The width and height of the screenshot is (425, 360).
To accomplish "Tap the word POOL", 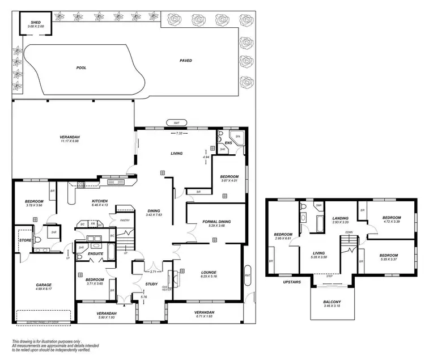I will pos(81,67).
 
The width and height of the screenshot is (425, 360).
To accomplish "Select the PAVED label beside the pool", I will pos(185,61).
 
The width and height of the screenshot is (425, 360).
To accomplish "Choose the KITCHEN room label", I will pos(100,201).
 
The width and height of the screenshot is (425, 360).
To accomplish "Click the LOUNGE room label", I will pos(209,272).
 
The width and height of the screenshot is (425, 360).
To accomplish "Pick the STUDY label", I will pos(151,284).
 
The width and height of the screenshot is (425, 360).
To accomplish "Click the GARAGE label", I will pos(44,285).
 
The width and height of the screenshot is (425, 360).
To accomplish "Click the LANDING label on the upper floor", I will pos(340,218).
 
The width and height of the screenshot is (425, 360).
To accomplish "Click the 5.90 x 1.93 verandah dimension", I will pos(106,317).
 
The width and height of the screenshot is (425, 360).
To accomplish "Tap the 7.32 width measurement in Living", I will pos(179,133).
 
